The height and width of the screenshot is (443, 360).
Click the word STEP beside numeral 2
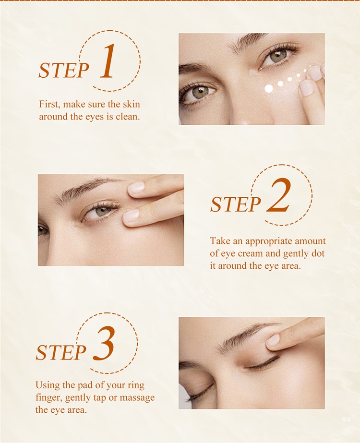coord(235,204)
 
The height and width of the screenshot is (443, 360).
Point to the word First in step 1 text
coord(49,104)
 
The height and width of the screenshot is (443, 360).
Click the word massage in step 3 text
coord(137,398)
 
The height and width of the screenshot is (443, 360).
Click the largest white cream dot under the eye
coord(269,89)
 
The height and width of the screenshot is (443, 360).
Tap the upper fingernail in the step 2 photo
coord(136,188)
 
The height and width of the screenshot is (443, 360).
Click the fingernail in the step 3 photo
coord(273,340)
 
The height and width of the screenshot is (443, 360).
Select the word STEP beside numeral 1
coord(64,70)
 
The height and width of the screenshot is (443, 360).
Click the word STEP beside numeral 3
coord(61,352)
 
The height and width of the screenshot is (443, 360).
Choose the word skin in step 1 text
coord(131,104)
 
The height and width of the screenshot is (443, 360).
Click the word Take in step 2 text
coord(219,241)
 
